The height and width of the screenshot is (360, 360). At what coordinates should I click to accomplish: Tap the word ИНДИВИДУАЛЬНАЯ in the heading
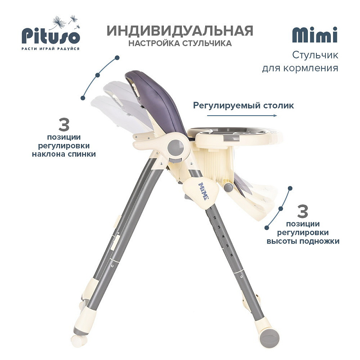tap(180, 31)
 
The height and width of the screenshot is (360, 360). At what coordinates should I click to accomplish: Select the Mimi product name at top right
tap(315, 35)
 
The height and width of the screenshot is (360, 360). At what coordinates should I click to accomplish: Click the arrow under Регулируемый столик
tap(242, 116)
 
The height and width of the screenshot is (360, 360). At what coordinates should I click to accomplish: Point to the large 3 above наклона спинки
tap(64, 125)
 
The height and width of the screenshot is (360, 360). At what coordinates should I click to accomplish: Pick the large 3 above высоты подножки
tap(302, 211)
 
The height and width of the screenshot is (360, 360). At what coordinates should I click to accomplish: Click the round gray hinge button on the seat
tap(175, 148)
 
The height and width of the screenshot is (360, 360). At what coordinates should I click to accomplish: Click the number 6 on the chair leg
tap(232, 255)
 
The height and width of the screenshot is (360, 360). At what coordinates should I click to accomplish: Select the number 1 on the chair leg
tap(211, 208)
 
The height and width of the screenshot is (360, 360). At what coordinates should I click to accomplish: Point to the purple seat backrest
tap(156, 101)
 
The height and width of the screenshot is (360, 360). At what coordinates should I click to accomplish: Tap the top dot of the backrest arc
tap(117, 58)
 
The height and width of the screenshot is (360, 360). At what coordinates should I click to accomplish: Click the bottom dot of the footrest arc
tap(266, 228)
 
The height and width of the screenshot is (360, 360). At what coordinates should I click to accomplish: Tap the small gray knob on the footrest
tap(228, 187)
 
